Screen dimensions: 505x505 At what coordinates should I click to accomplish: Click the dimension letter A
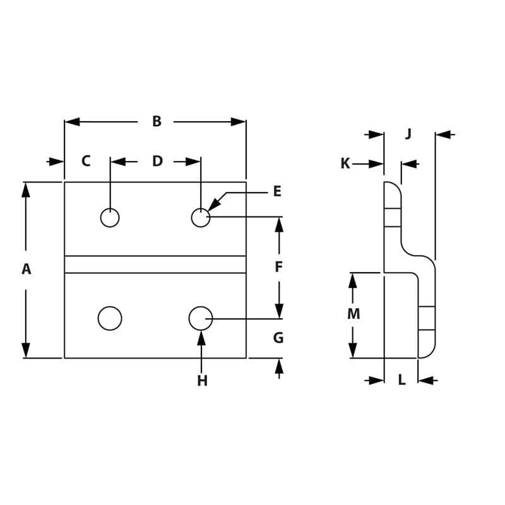pos(26,270)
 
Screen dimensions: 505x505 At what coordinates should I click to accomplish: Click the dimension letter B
pos(157,122)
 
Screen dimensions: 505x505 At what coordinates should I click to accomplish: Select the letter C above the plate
pos(86,162)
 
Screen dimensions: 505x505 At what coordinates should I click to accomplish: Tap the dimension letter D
pos(157,162)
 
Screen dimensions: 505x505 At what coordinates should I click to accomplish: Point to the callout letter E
pos(277,192)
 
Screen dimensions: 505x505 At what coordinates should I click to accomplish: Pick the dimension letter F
pos(278,268)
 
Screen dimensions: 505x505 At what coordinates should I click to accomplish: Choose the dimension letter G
pos(278,338)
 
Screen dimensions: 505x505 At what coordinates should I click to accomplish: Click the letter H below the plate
pos(202,381)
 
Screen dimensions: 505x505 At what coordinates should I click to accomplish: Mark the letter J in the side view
pos(408,134)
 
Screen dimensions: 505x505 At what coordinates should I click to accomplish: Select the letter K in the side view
pos(345,164)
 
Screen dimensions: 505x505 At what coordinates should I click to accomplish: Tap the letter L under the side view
pos(401,381)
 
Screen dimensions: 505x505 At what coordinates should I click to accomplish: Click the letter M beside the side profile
pos(353,314)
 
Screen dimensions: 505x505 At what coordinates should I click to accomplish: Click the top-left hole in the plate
pos(110,218)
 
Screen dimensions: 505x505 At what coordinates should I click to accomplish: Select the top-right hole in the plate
pos(201,218)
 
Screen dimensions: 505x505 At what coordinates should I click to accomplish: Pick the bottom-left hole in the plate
pos(110,318)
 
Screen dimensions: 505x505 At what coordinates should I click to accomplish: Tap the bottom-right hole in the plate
pos(201,318)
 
